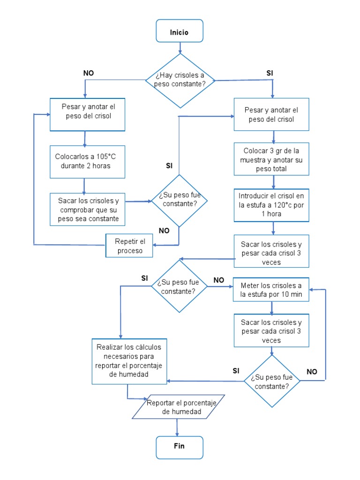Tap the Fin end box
pos(180,447)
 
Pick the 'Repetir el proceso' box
pos(130,246)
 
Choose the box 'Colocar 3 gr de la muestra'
pos(271,160)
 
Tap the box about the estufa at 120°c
pos(271,205)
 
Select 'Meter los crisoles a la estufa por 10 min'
pos(271,290)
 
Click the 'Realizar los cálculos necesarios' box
pos(128,360)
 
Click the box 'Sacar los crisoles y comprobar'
pos(88,210)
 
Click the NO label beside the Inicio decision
pos(89,73)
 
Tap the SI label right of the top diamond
pos(270,73)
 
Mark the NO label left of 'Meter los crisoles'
pos(219,280)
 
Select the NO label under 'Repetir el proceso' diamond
pos(164,231)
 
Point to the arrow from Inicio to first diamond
pos(180,48)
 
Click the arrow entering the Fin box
pos(177,428)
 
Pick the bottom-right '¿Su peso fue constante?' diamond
pos(271,381)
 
